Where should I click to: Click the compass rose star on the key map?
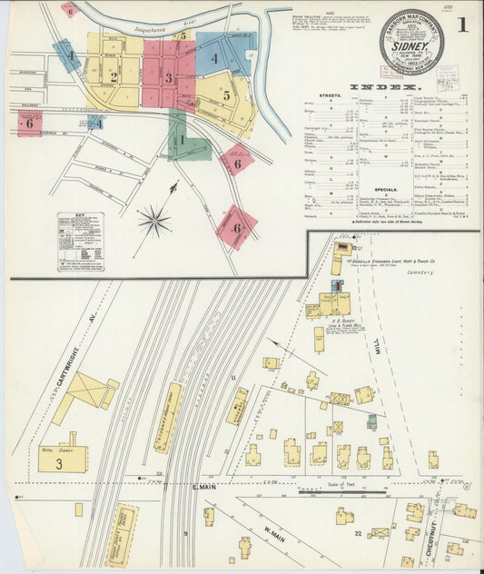click(x=154, y=220)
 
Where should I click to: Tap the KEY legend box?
click(x=80, y=237)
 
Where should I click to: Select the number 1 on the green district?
click(x=182, y=140)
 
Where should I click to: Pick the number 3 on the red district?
click(x=168, y=78)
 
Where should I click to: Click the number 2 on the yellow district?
click(x=114, y=77)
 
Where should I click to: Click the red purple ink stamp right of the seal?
click(x=447, y=76)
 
